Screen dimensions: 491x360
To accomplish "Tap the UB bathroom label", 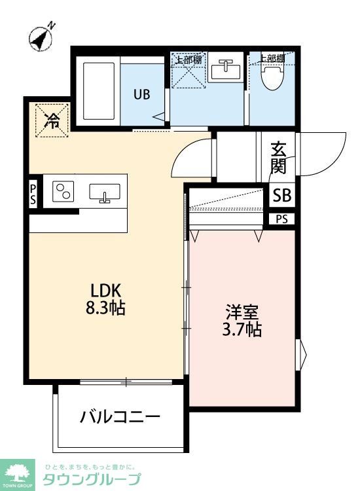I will pyautogui.click(x=142, y=94).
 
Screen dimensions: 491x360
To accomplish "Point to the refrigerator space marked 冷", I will pyautogui.click(x=50, y=120).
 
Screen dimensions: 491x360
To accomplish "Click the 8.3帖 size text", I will pyautogui.click(x=105, y=308).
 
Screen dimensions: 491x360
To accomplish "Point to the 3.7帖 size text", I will pyautogui.click(x=241, y=329).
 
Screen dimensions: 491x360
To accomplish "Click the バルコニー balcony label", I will pyautogui.click(x=120, y=416).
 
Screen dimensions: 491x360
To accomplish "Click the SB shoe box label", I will pyautogui.click(x=282, y=195).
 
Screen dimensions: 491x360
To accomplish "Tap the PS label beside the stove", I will pyautogui.click(x=33, y=195).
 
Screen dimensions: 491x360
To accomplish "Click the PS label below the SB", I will pyautogui.click(x=281, y=219).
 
